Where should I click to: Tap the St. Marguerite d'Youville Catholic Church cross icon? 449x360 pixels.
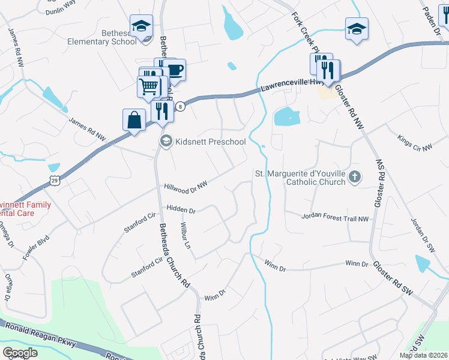(355, 176)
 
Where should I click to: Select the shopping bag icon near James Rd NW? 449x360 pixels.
(134, 120)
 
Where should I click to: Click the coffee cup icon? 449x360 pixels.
(175, 70)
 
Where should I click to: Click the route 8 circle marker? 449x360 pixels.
(181, 107)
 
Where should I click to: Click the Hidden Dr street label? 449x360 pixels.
(182, 211)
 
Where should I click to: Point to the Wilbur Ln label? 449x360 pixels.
(185, 236)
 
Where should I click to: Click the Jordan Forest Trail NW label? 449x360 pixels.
(334, 218)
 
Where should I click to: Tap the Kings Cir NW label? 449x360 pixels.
(415, 143)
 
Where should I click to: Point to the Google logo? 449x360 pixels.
(20, 352)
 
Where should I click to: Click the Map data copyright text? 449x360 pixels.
(423, 355)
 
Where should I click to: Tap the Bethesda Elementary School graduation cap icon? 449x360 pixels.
(142, 26)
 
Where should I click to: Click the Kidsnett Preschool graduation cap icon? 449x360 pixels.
(166, 141)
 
